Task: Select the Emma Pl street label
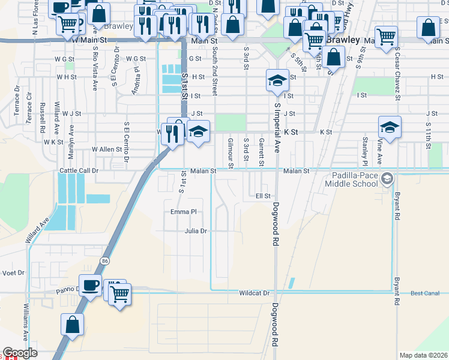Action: coord(184,212)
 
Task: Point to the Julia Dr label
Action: coord(196,230)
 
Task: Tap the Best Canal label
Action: coord(425,293)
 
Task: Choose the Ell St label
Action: coord(264,196)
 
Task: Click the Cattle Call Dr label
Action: coord(79,171)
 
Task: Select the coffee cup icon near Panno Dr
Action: coord(91,286)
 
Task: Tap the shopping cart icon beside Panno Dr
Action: coord(120,294)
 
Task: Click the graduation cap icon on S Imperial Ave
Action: coord(276,80)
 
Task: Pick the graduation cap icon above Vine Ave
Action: coord(390,127)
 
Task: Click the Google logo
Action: coord(20,353)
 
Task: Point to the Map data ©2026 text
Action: coord(423,355)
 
